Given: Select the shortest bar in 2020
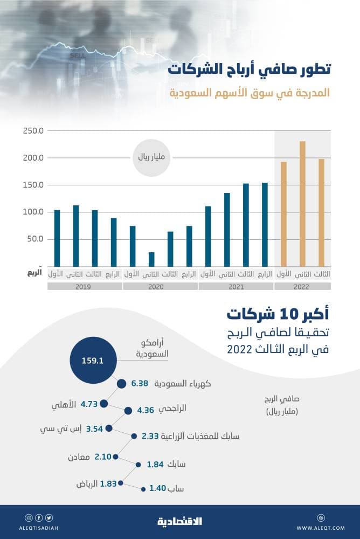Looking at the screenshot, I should tap(151, 259).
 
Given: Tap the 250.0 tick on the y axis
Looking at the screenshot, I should tap(33, 131).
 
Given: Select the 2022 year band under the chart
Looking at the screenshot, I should tap(302, 287).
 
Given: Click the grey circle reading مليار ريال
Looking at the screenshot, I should tap(151, 158).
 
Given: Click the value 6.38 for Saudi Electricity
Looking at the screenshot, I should tap(140, 384).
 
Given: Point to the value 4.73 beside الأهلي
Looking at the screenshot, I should tap(88, 404).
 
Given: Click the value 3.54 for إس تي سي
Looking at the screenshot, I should tap(94, 429).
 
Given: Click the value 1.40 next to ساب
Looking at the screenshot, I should tap(157, 489).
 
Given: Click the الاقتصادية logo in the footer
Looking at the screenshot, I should tap(180, 521).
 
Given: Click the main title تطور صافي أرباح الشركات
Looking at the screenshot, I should tap(248, 70).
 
